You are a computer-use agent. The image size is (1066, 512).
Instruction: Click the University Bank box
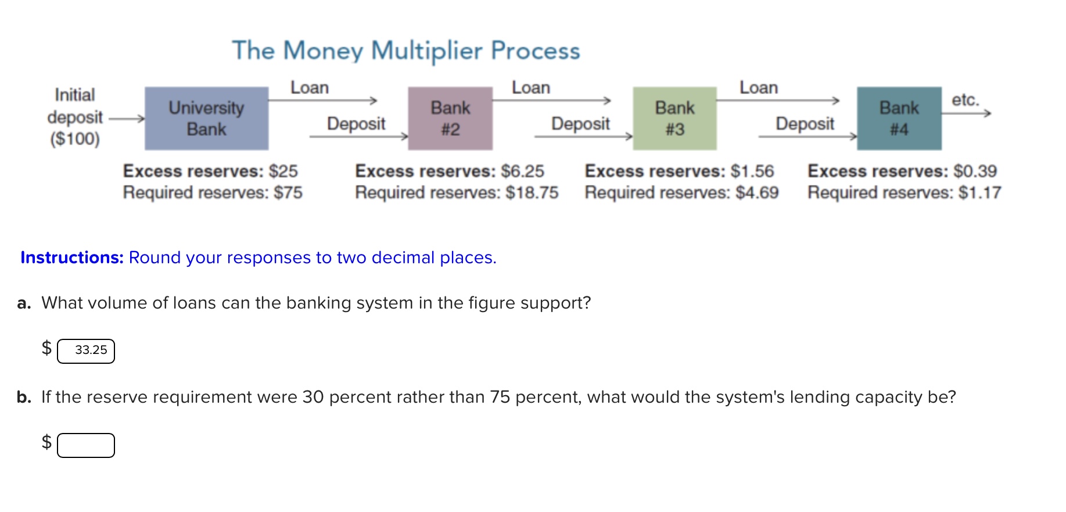[206, 119]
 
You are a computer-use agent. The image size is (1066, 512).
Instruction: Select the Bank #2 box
[450, 119]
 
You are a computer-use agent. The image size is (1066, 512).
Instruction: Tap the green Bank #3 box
[674, 119]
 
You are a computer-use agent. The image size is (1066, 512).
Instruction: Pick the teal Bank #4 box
[899, 119]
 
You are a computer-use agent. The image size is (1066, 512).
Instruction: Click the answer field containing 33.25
[86, 351]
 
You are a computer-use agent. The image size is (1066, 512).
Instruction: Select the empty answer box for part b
[86, 445]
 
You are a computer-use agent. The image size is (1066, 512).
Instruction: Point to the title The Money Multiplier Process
[406, 51]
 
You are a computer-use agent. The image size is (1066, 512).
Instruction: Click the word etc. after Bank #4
[965, 100]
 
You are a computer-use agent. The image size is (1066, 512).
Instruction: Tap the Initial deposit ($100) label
[75, 117]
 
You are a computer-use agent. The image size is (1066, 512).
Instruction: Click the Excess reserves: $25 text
[210, 171]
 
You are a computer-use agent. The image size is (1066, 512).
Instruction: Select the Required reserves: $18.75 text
[457, 192]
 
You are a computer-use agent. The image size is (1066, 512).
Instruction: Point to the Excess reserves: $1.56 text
[679, 171]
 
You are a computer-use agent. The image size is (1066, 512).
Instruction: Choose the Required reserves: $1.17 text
[904, 192]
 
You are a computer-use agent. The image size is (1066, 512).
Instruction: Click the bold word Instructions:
[72, 257]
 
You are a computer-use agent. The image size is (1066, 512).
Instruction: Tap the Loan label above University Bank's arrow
[310, 88]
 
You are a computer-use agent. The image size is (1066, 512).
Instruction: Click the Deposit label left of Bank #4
[805, 124]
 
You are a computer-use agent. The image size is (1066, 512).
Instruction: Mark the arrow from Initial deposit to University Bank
[127, 119]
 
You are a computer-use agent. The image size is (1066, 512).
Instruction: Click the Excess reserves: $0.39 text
[902, 171]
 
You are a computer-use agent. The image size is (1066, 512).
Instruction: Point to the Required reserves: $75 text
[213, 192]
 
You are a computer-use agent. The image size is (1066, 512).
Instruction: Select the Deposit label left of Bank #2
[356, 124]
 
